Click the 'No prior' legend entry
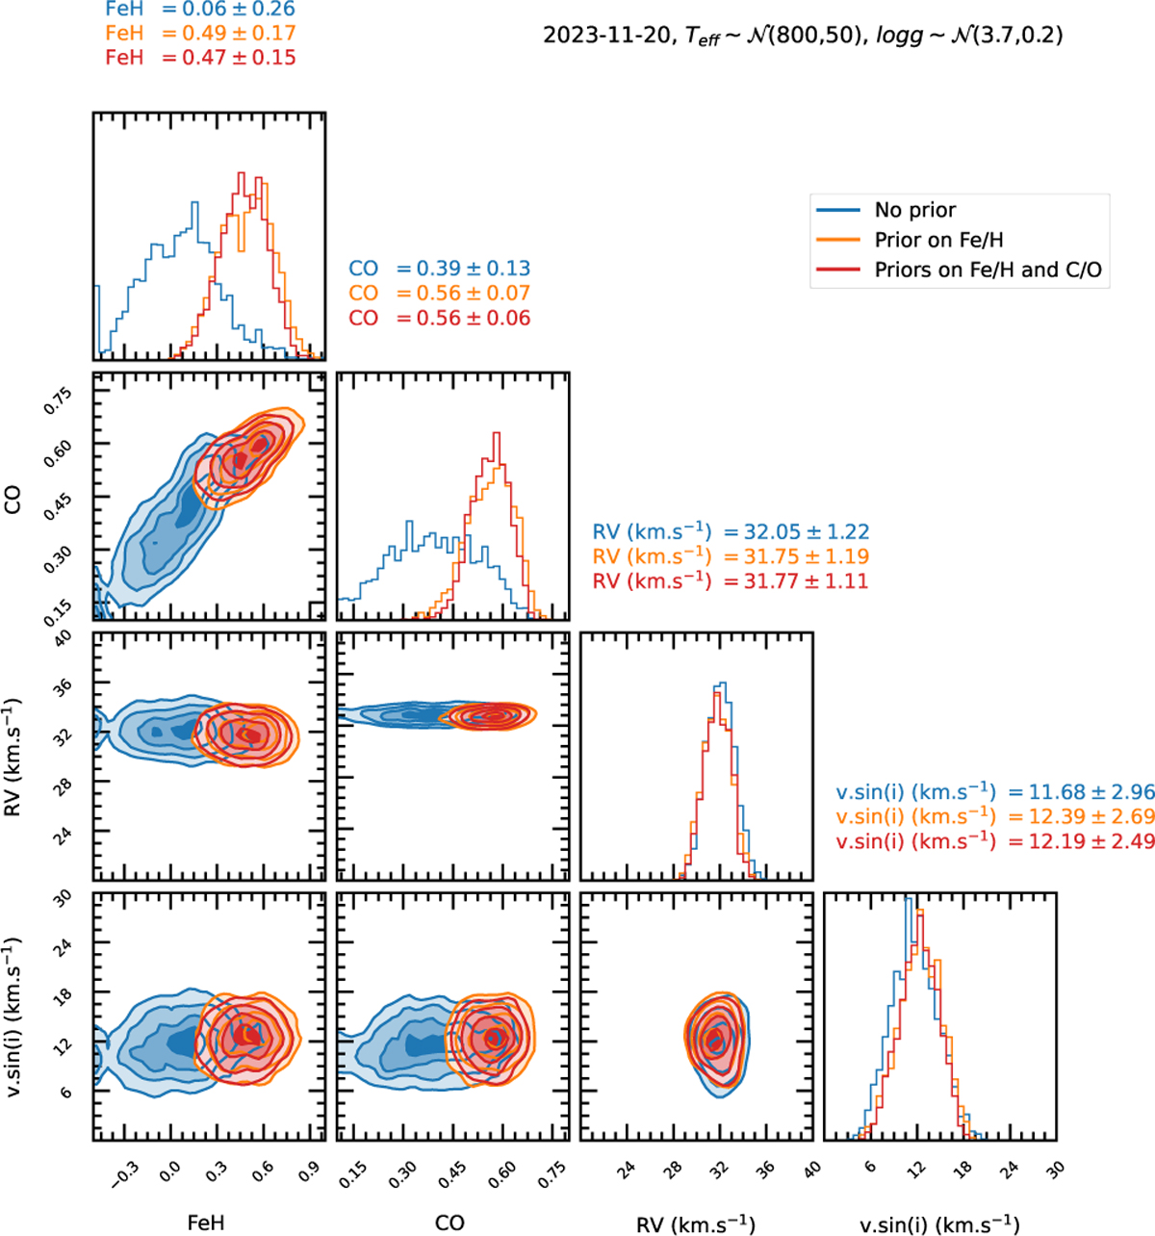tap(914, 210)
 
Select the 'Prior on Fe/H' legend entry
tap(938, 240)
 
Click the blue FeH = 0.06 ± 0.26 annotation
tap(200, 10)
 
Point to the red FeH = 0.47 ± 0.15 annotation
tap(200, 58)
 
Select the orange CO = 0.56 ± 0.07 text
tap(440, 294)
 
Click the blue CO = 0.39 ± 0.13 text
tap(440, 269)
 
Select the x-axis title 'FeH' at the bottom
tap(206, 1223)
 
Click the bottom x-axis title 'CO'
tap(449, 1223)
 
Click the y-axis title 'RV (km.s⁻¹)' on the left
tap(14, 757)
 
